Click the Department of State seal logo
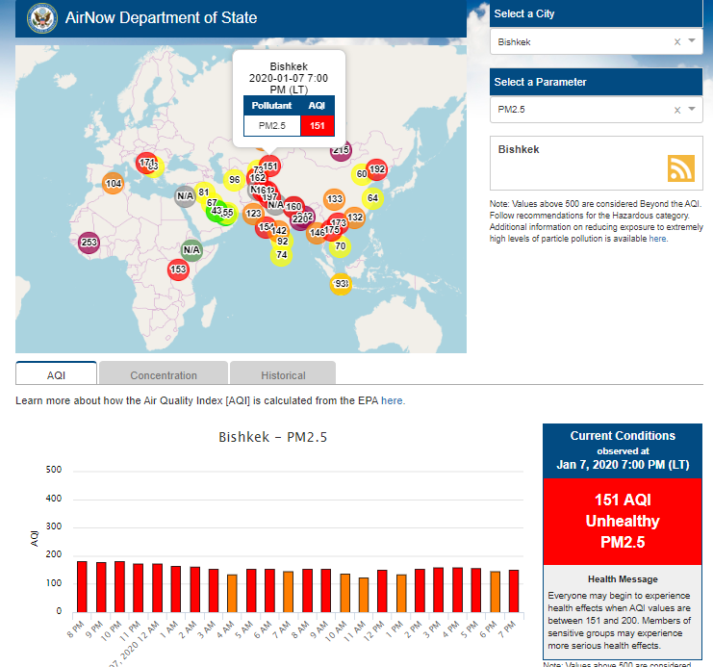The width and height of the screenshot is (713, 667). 41,17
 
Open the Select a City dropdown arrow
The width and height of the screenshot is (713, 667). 691,41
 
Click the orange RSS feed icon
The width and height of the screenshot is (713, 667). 681,167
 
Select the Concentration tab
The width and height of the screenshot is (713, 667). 164,375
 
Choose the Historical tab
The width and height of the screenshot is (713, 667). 283,375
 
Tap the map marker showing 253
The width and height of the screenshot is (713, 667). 89,243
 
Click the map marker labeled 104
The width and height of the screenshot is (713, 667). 113,184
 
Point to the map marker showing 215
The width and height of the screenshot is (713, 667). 341,150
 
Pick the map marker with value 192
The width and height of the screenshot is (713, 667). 376,169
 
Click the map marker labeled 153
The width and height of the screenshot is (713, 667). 178,269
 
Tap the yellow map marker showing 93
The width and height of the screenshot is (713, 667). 341,283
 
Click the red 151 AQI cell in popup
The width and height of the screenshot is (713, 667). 317,125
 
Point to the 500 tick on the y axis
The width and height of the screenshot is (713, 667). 54,471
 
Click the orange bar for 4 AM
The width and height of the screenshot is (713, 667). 232,592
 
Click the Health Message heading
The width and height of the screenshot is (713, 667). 623,578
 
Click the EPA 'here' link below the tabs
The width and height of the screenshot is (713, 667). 393,400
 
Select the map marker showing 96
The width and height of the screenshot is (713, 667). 233,180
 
